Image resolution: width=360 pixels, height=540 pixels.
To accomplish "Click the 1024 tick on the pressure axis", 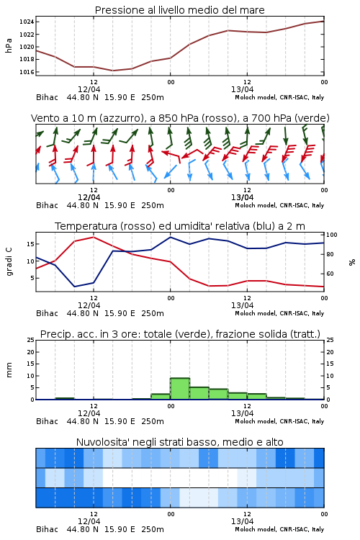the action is (27, 22).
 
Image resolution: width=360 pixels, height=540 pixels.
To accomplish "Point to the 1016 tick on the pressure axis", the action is (27, 72).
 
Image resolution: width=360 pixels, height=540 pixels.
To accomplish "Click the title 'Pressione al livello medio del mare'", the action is (180, 10).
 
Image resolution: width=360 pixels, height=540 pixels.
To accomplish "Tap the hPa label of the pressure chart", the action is (9, 45).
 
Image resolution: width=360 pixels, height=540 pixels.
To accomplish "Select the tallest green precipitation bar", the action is (180, 389).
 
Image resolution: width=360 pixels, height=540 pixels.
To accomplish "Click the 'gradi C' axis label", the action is (9, 262).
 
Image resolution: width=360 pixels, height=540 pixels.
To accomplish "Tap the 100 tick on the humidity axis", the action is (332, 235).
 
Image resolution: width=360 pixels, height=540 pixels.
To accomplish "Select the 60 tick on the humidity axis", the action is (330, 274).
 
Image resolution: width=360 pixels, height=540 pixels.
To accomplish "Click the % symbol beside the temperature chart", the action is (352, 262).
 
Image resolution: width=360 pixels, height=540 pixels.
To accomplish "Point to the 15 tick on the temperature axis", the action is (30, 244).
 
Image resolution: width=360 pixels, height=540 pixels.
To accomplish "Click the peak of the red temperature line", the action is (94, 237).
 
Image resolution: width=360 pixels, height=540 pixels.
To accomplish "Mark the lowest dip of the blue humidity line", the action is (74, 287).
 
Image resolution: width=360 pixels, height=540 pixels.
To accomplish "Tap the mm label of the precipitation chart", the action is (9, 370).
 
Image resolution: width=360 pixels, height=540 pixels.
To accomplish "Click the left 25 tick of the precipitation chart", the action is (30, 340).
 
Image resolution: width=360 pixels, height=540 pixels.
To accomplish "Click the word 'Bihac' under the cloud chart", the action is (48, 529).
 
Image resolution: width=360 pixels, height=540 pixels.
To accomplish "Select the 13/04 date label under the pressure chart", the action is (242, 89).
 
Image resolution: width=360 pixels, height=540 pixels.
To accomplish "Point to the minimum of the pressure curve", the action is (112, 71).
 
